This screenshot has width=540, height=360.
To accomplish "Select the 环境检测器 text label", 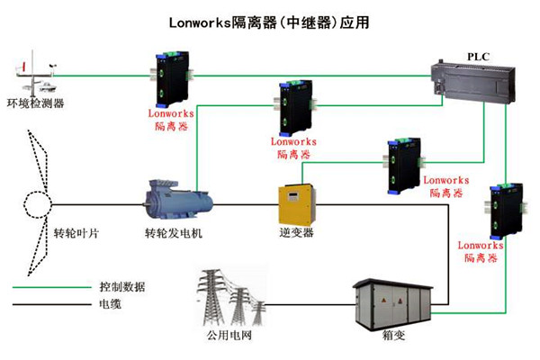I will tap(35, 103).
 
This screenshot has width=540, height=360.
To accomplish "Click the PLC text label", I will tap(478, 56).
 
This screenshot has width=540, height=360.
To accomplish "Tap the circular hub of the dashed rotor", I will tap(36, 205).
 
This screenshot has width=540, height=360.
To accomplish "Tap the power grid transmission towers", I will tap(230, 297).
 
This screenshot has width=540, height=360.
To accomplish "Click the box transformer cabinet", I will tap(388, 305).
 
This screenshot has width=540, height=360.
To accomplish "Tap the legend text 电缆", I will tap(110, 306).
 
